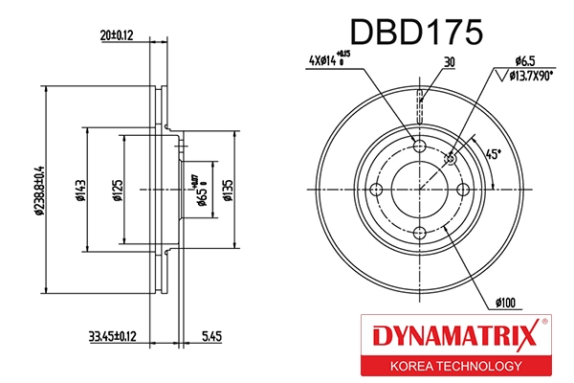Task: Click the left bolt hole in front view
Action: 375,190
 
